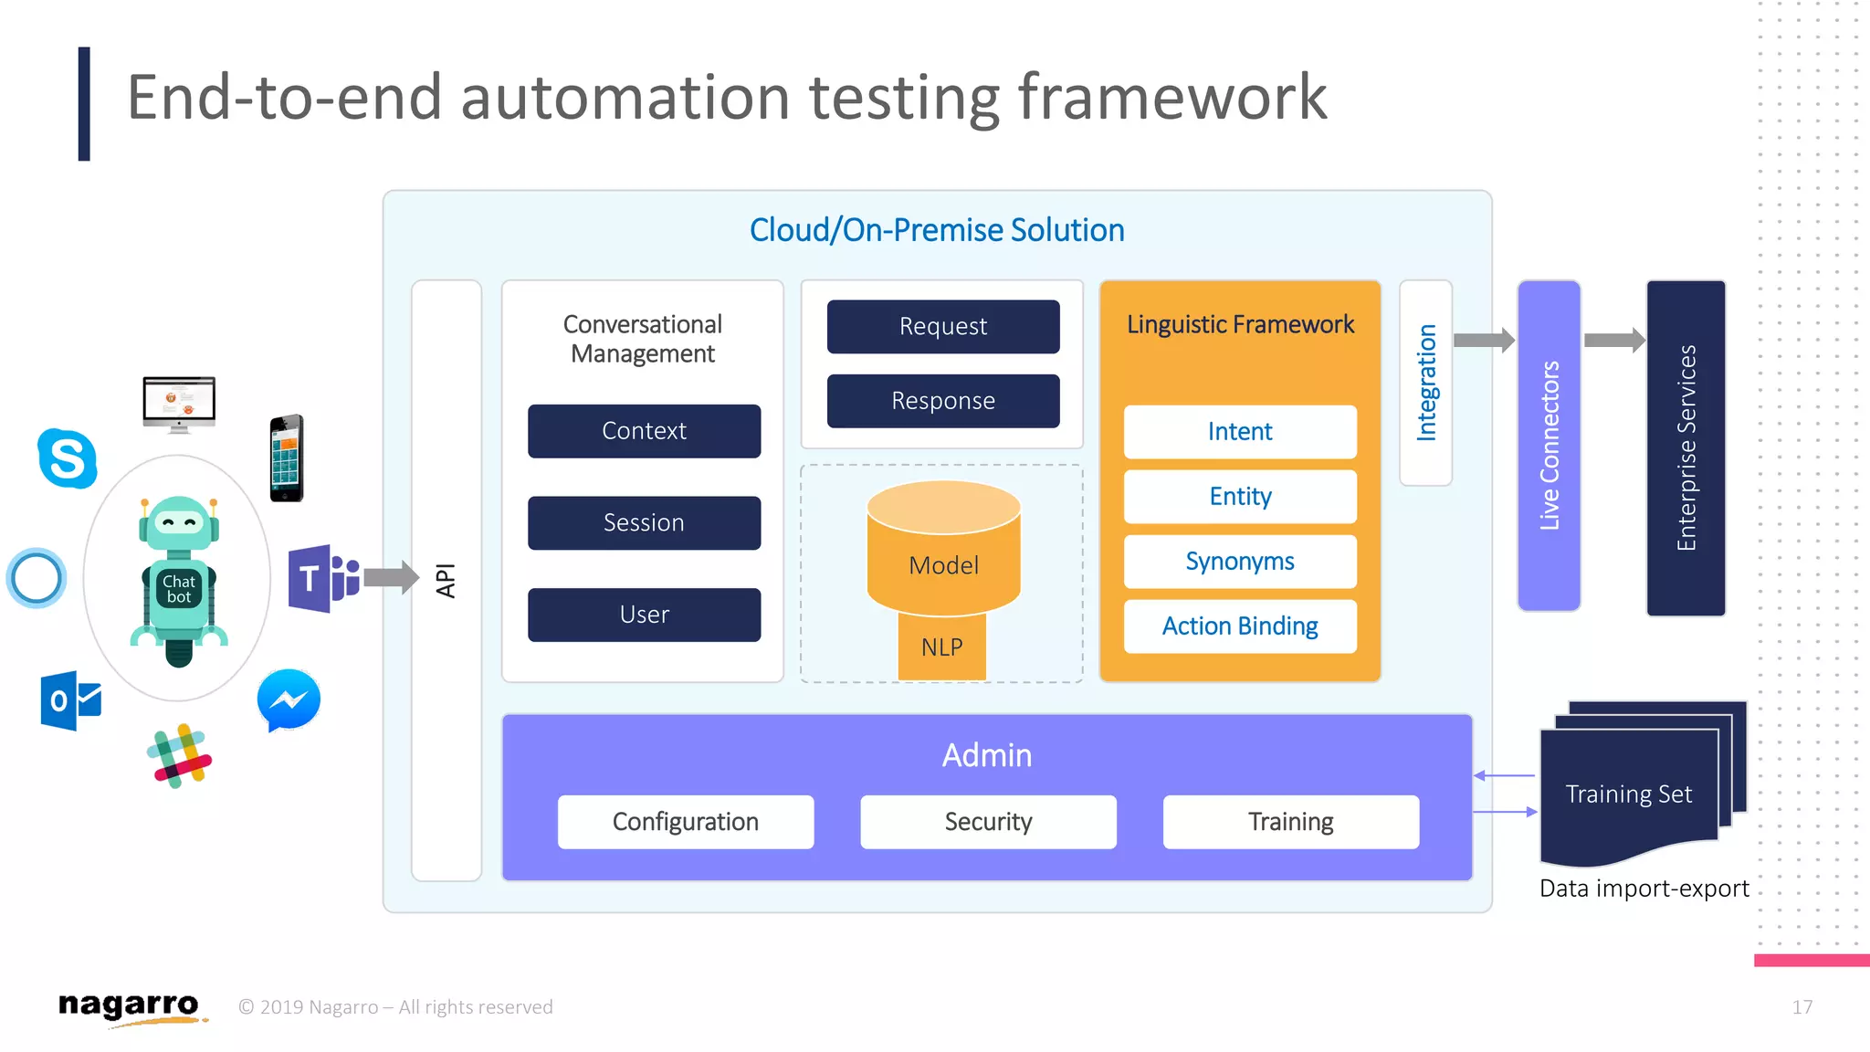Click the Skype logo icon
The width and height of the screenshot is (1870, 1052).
coord(68,458)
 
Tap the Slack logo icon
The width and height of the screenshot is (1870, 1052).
coord(180,756)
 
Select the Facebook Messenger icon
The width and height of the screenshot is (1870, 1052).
coord(289,700)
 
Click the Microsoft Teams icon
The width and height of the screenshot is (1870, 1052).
coord(322,578)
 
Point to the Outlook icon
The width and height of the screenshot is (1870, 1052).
coord(70,700)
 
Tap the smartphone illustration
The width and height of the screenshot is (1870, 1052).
coord(287,458)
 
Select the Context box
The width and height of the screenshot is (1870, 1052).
coord(644,431)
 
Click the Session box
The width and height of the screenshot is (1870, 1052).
coord(644,522)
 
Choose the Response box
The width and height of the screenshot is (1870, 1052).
coord(943,401)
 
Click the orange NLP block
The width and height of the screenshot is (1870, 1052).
coord(941,647)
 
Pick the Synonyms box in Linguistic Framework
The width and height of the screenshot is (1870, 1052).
coord(1239,562)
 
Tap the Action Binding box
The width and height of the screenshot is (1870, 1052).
coord(1239,626)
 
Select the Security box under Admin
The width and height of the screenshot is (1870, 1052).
coord(988,822)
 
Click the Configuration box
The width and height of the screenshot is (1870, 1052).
coord(686,822)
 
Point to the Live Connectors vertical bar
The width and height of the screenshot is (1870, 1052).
coord(1549,446)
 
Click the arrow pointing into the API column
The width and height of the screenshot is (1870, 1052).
coord(391,577)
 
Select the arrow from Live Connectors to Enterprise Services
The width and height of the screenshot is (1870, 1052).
coord(1613,341)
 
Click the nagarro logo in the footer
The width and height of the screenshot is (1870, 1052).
coord(130,1006)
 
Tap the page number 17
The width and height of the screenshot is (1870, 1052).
coord(1802,1006)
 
